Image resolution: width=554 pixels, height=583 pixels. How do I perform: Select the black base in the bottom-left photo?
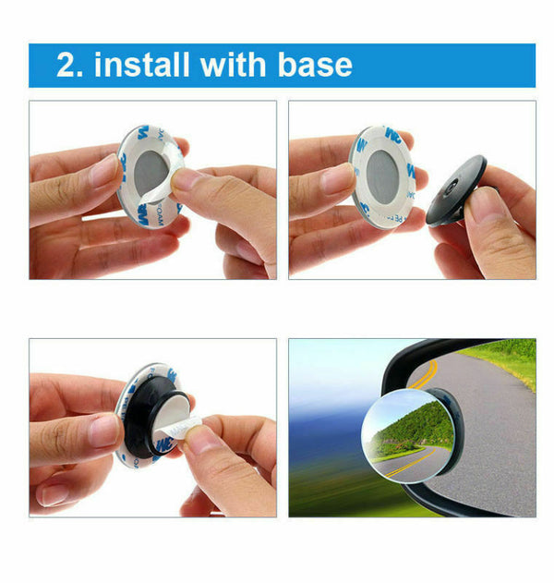point(152,420)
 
